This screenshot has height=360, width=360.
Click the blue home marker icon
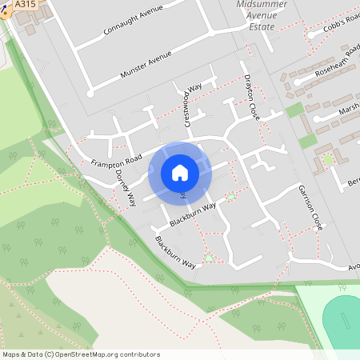[x=180, y=173]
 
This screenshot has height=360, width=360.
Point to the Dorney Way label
[x=126, y=188]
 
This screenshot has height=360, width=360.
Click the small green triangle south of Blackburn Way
[x=209, y=258]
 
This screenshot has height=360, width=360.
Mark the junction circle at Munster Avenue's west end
[x=90, y=93]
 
